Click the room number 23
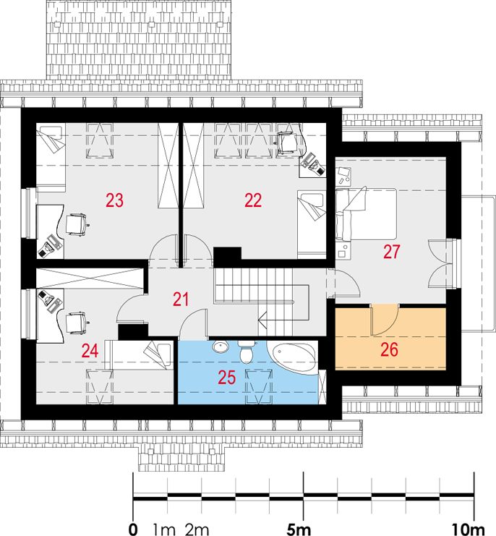point(114,200)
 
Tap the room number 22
point(253,200)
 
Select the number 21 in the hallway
point(181,299)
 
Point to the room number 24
point(90,351)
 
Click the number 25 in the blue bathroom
point(227,378)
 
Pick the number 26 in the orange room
point(389,349)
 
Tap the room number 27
point(391,252)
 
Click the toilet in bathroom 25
point(246,352)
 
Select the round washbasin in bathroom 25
point(221,347)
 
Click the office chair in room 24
point(77,323)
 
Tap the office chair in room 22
point(287,142)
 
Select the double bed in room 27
point(366,213)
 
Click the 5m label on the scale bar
point(299,529)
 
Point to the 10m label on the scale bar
point(468,529)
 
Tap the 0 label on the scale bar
point(133,529)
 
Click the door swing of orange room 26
point(385,319)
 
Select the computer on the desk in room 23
point(50,245)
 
